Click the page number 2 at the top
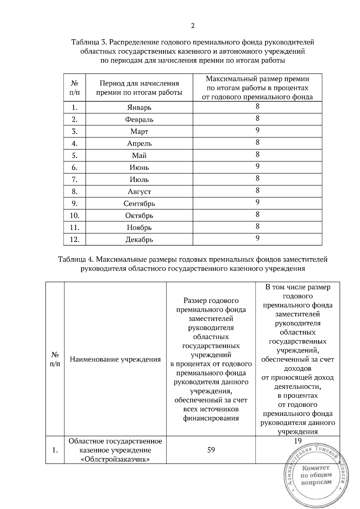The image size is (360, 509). (193, 26)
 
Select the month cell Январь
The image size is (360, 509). (139, 107)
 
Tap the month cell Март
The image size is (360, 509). (139, 131)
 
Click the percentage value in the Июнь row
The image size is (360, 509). (257, 166)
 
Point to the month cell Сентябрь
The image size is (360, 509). (139, 204)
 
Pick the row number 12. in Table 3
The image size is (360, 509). (74, 240)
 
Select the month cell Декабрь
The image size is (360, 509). (139, 240)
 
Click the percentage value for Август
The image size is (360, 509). (257, 190)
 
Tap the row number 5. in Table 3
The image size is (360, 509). (74, 155)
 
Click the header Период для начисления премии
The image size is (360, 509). (139, 88)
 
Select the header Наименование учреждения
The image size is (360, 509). (115, 359)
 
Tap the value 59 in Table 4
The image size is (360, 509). (211, 450)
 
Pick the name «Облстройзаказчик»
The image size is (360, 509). (115, 459)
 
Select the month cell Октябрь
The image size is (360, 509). (139, 216)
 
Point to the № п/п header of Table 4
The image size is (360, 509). (55, 359)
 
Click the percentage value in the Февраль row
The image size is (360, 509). (257, 118)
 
